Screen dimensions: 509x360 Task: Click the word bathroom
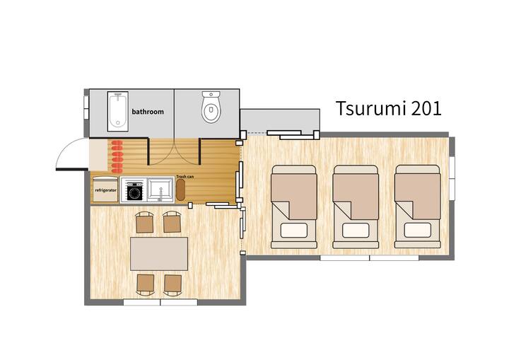148,112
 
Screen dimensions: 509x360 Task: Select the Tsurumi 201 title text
389,108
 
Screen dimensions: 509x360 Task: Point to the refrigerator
105,190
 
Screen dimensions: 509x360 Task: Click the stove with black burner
134,191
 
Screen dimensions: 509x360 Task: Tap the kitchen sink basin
160,190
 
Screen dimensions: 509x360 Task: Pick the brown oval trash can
180,190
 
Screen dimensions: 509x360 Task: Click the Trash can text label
185,176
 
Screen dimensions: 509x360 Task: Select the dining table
159,254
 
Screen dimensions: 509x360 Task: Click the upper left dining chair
144,223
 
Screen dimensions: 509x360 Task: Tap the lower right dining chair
172,284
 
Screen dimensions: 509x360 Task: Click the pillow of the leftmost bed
294,231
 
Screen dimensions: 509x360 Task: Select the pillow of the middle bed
356,231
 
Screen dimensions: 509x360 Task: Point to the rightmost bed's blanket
418,196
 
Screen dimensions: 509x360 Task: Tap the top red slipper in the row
117,144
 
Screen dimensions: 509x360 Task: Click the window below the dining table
160,302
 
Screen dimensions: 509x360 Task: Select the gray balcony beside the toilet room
280,120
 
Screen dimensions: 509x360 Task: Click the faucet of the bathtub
118,96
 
